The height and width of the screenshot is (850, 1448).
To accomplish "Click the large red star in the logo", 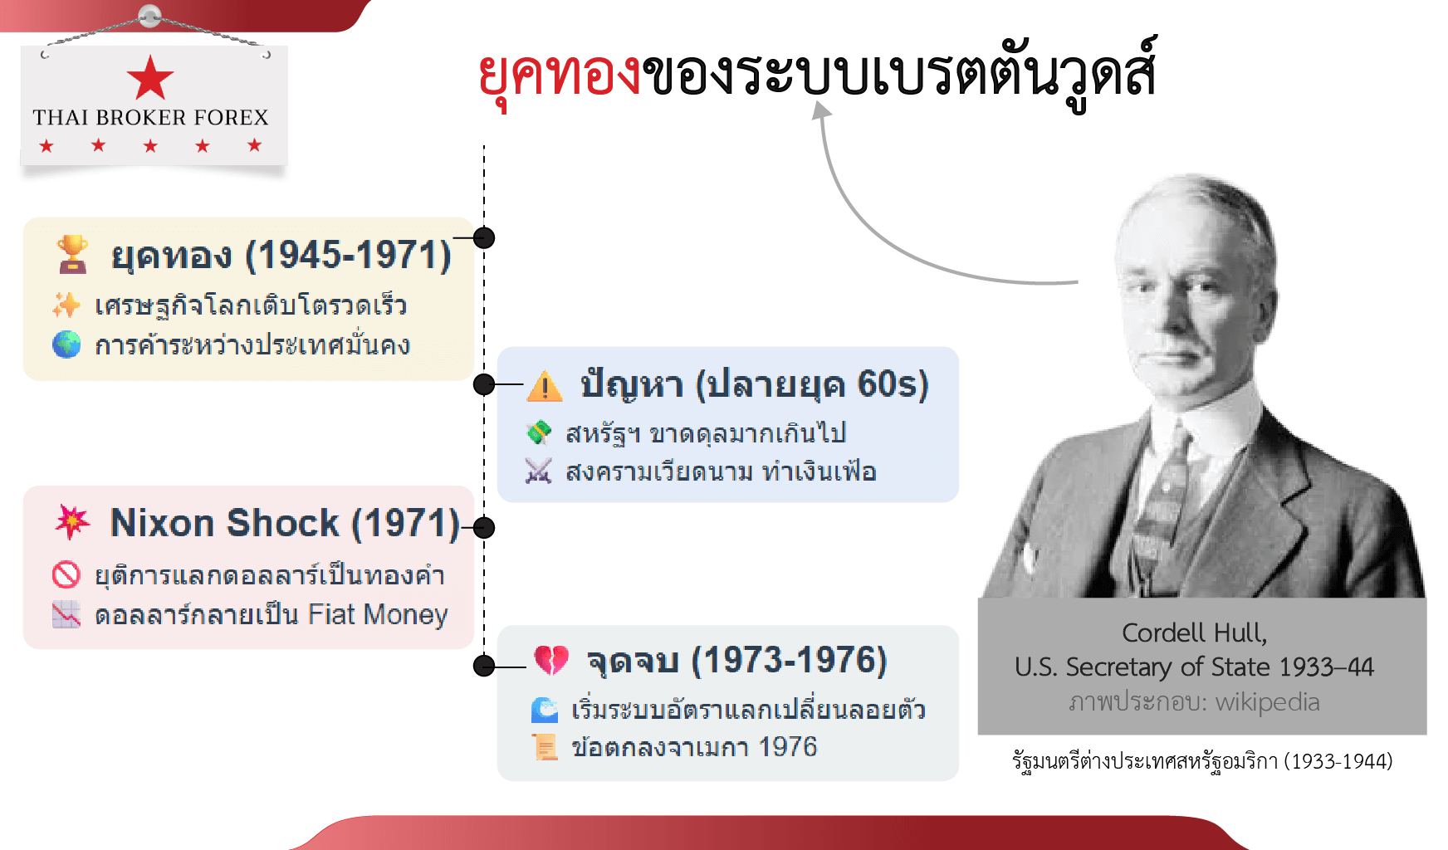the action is [150, 78].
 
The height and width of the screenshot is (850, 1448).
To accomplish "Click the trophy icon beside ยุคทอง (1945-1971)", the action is [72, 254].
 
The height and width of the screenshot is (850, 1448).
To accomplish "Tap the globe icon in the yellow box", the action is [66, 344].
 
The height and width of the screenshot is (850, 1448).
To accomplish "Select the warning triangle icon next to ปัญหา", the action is [545, 385].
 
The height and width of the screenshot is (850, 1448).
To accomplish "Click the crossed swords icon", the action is [538, 471].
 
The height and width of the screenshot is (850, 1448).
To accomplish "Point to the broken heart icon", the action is [551, 661].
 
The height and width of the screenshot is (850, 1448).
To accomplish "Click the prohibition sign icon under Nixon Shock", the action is [66, 574].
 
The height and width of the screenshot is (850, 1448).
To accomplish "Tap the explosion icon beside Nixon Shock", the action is [72, 522].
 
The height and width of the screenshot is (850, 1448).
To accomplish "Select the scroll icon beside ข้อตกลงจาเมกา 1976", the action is [545, 747].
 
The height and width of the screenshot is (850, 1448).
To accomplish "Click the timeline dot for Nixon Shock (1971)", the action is [484, 527].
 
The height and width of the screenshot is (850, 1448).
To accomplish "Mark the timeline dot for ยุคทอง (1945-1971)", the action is [484, 238].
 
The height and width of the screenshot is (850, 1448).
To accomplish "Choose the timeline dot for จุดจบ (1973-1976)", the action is [484, 666].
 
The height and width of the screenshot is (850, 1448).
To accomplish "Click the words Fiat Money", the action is [378, 614].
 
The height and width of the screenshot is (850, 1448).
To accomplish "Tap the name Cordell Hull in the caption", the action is [1194, 633].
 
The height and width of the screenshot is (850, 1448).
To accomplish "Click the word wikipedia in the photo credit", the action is [1267, 702].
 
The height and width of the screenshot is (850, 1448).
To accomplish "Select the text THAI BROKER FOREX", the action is [151, 118].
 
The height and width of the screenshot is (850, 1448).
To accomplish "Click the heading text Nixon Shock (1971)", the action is [285, 523].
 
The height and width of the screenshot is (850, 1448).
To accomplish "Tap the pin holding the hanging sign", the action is [150, 15].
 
